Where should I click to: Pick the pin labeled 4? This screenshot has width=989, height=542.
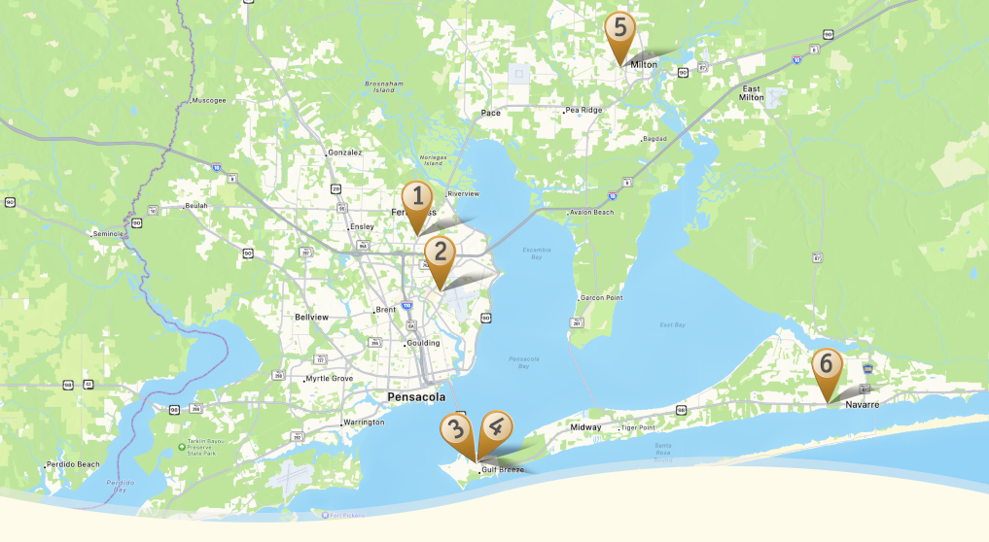pos(496,428)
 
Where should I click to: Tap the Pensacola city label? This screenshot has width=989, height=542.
pos(415,397)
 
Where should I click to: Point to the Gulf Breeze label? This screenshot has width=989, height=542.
pos(502,470)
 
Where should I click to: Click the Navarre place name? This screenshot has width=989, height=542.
pos(862,403)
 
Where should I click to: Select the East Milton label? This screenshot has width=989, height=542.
pos(751,92)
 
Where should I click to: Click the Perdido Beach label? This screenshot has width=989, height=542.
pos(75,464)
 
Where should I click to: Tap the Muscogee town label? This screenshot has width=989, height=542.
pos(208,100)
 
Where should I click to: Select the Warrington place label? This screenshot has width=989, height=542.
pos(364,423)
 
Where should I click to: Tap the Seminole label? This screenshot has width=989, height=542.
pos(109,234)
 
